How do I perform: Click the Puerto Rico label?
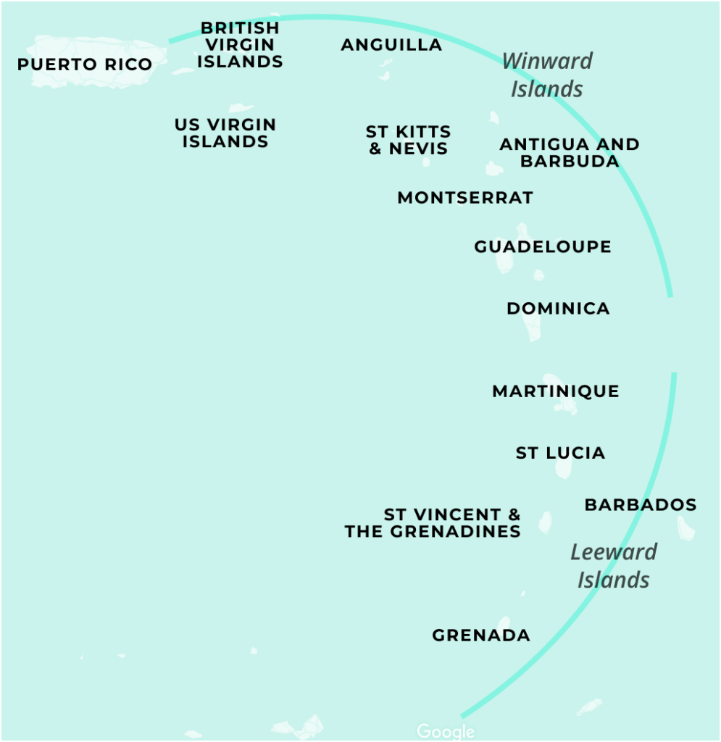[x=85, y=64]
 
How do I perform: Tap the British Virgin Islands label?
[x=240, y=45]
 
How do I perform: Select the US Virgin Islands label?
[x=225, y=133]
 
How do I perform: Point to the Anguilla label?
[x=391, y=45]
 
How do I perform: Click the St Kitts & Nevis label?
[x=409, y=141]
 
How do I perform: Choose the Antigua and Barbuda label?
[x=570, y=153]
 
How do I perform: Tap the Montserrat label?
[x=465, y=198]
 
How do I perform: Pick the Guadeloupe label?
[x=543, y=247]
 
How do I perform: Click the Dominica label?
[x=558, y=309]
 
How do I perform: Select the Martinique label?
[x=556, y=392]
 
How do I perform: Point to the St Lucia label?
[x=560, y=454]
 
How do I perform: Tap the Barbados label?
[x=641, y=505]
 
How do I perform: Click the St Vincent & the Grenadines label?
[x=433, y=522]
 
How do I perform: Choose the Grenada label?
[x=481, y=635]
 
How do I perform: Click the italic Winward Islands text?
[x=548, y=75]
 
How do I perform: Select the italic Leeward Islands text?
[x=614, y=566]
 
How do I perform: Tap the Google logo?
[x=446, y=732]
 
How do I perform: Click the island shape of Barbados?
[x=685, y=528]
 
